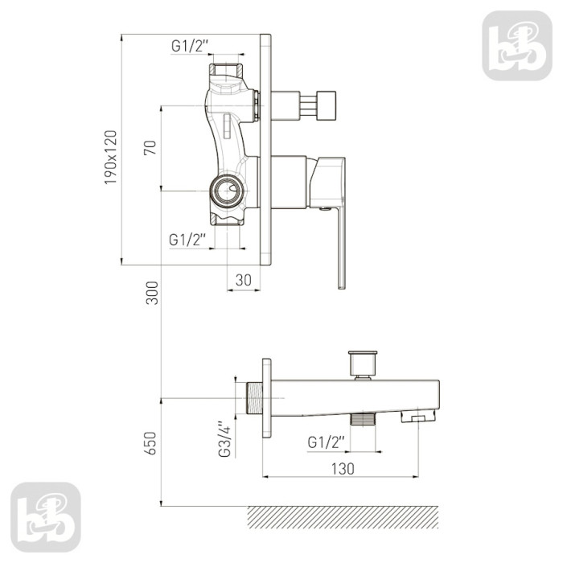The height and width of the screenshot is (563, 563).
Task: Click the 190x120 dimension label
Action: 111,158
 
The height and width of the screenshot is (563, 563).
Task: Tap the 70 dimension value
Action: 150,147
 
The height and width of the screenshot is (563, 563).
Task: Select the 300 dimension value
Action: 152,293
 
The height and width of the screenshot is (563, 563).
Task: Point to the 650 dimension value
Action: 151,443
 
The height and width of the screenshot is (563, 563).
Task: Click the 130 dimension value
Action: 343,469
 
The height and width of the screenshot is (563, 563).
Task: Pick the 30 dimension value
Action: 244,280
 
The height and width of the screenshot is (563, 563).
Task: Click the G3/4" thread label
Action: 224,439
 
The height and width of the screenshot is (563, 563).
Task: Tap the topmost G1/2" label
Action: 190,46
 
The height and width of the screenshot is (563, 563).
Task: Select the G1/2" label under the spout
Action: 326,442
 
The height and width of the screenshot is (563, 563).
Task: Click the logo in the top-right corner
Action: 517,46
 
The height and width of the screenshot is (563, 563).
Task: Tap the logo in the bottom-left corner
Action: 46,517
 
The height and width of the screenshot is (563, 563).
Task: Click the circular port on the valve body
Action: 228,191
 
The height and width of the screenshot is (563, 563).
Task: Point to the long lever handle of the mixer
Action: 341,248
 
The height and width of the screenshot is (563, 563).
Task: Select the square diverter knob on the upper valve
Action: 326,105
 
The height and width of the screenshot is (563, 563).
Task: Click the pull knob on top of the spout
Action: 363,364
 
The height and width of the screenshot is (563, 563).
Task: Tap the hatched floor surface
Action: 343,517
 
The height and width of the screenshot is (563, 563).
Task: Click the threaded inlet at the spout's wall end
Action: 255,398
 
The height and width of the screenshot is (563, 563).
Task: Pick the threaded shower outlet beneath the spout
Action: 363,420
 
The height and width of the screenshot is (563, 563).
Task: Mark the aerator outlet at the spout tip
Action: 418,416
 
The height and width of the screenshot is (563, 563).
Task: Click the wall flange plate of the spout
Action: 267,398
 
